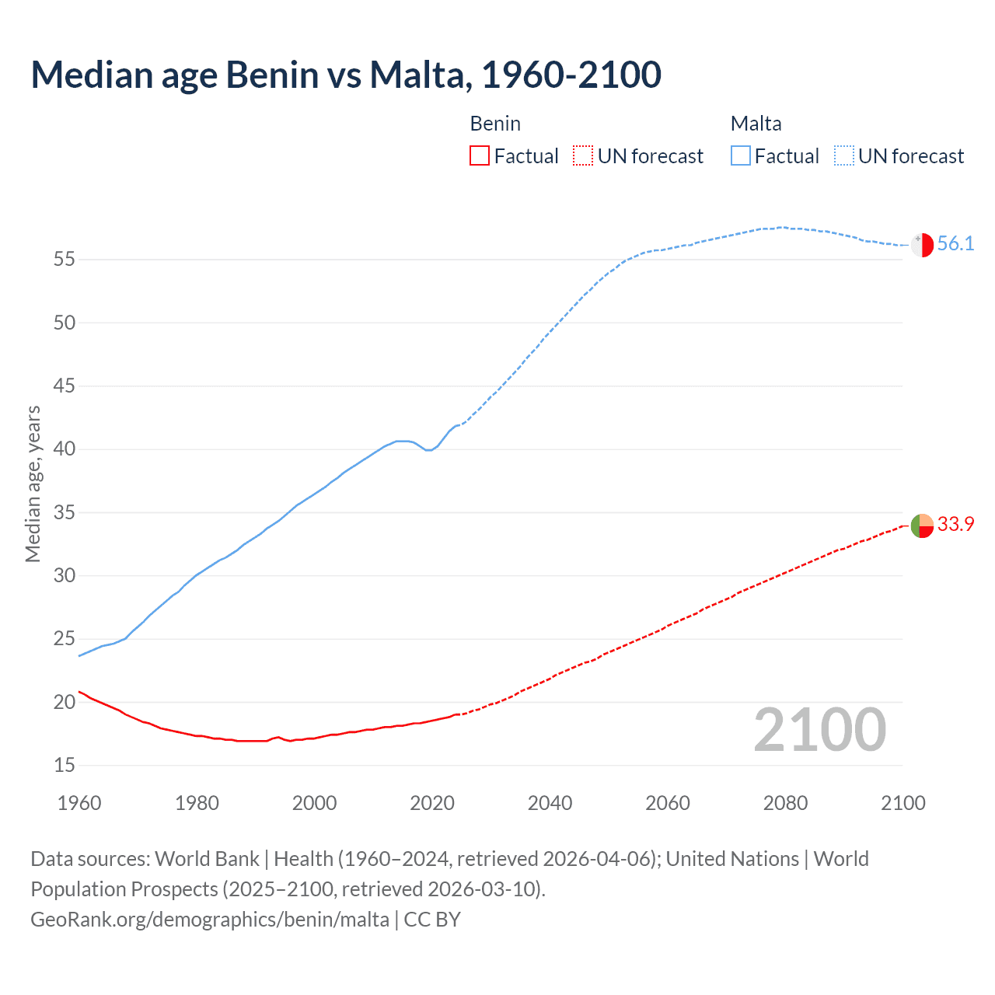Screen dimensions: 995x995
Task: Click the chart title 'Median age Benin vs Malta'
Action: tap(346, 75)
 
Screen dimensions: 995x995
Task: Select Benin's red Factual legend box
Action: tap(480, 156)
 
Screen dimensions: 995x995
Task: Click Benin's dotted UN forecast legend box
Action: tap(583, 156)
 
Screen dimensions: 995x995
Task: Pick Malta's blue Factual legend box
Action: tap(740, 156)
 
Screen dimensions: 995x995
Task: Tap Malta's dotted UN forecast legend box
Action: tap(843, 156)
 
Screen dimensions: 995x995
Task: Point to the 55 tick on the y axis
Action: tap(65, 259)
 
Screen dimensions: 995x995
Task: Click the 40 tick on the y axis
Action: tap(65, 449)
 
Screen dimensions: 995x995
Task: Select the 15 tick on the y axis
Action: tap(65, 766)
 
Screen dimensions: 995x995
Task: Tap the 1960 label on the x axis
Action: tap(79, 803)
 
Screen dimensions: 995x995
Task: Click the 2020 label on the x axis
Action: tap(432, 803)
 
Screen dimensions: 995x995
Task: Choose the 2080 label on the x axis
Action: tap(785, 803)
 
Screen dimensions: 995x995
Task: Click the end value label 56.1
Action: tap(955, 244)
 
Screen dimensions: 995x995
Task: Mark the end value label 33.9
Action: tap(955, 525)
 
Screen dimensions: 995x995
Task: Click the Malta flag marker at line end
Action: tap(922, 245)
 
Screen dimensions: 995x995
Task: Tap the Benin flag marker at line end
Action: tap(922, 525)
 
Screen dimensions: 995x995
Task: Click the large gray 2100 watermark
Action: tap(820, 730)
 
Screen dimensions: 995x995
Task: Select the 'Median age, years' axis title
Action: tap(33, 484)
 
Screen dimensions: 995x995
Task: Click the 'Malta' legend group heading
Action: tap(756, 124)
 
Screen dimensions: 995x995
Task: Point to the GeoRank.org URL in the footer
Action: tap(210, 920)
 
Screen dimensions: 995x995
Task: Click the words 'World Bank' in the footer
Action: tap(207, 859)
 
